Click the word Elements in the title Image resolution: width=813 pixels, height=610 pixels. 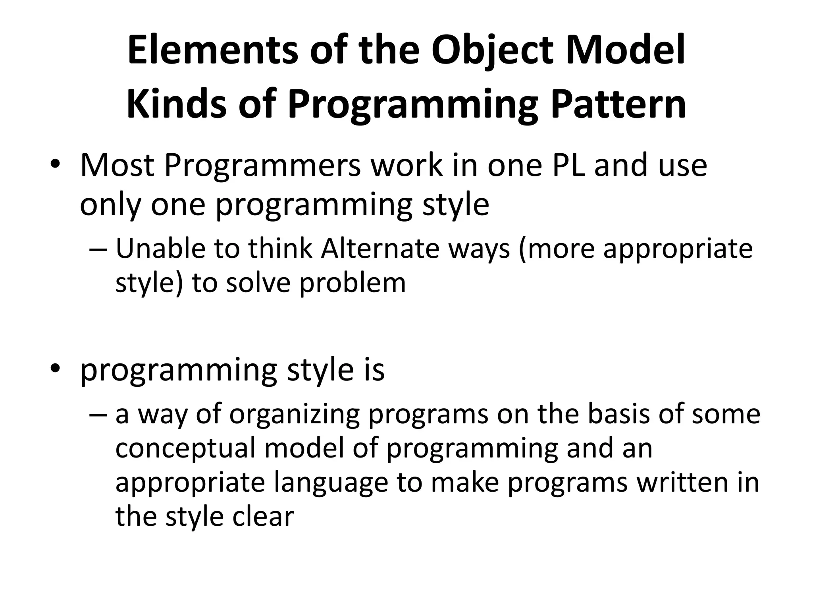click(212, 52)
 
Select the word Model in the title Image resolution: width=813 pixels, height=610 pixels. click(625, 52)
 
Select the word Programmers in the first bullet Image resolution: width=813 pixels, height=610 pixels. click(262, 166)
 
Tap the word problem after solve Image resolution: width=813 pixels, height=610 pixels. click(353, 284)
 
